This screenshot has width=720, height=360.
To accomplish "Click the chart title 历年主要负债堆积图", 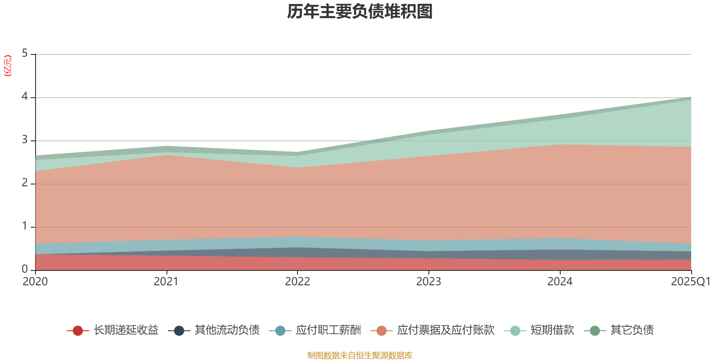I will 360,12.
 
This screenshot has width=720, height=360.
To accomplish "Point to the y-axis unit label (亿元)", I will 8,66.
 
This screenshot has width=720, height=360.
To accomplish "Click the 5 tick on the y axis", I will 25,54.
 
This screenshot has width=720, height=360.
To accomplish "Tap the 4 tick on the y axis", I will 25,97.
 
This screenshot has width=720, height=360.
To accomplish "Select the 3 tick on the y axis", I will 25,140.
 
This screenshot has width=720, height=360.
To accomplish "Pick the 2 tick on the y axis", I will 25,183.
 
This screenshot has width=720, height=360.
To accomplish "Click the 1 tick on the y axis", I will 25,226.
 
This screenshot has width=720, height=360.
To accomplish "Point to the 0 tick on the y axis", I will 25,270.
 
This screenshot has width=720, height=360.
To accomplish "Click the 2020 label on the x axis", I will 35,282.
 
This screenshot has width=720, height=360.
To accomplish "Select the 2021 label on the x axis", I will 166,282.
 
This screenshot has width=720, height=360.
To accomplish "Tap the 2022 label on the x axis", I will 297,282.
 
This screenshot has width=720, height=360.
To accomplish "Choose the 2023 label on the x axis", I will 428,282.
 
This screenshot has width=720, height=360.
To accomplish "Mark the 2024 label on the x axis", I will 560,282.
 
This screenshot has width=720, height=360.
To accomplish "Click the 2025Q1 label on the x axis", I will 691,282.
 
